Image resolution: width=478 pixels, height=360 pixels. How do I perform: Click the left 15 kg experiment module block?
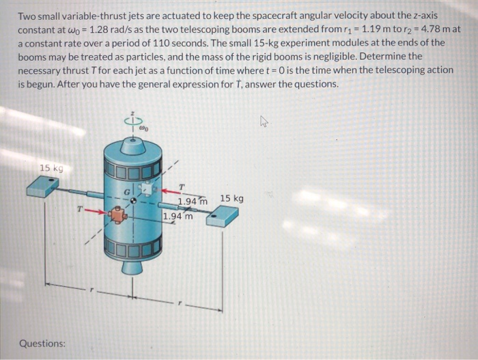(x=44, y=186)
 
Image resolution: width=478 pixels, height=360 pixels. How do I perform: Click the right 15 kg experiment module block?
(x=223, y=216)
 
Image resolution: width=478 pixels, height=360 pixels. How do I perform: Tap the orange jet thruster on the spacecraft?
(x=119, y=216)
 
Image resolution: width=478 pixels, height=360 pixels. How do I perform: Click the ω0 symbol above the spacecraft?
(x=144, y=126)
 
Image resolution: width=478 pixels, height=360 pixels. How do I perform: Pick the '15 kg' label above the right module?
(x=231, y=199)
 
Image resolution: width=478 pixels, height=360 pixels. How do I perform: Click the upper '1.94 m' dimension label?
(x=192, y=202)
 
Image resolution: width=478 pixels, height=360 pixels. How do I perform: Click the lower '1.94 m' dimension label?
(x=178, y=217)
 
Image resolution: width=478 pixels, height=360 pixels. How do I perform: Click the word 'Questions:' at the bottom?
(x=42, y=343)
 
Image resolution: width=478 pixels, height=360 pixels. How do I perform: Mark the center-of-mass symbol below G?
(x=133, y=202)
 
